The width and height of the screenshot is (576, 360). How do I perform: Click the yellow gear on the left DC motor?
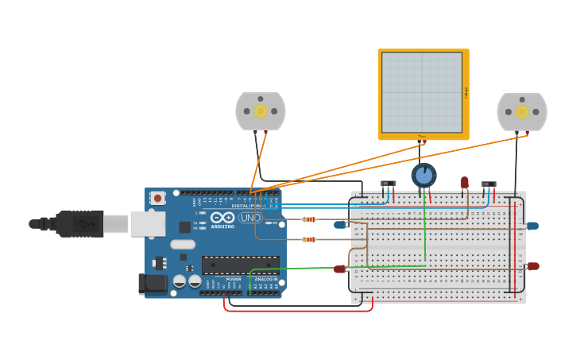(x=260, y=111)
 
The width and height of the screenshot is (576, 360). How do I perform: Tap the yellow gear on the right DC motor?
(x=521, y=112)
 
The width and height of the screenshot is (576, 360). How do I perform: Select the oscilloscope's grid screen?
(x=422, y=92)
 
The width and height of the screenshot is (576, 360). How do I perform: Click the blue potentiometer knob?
(x=424, y=175)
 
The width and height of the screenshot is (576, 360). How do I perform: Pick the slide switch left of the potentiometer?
(x=388, y=184)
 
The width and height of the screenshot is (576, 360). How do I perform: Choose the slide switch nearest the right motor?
(x=489, y=184)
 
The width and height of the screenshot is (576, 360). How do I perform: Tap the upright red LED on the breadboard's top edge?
(x=465, y=183)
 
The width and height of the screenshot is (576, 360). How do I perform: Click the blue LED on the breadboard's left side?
(x=340, y=225)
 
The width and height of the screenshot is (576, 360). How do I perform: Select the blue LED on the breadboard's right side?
(x=532, y=226)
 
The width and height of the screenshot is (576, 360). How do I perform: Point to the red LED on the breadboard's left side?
(x=339, y=269)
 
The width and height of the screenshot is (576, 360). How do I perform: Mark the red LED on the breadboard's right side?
(x=532, y=266)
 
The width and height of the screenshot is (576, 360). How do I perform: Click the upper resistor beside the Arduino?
(x=309, y=219)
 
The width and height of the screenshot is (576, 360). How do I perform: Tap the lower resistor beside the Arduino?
(x=309, y=239)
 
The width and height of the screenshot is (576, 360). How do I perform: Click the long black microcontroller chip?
(x=240, y=265)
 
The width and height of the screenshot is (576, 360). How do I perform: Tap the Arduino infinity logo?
(x=222, y=218)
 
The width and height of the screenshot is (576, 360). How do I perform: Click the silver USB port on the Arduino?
(x=148, y=223)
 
